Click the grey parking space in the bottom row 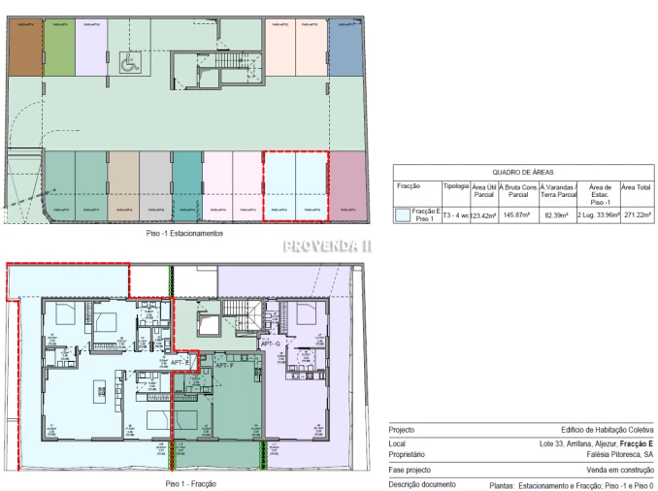(x=155, y=183)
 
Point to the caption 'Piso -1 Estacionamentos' (x=183, y=234)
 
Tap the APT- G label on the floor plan (x=271, y=344)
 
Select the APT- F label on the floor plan (x=226, y=366)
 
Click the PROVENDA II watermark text (x=327, y=246)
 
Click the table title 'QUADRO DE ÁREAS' (x=522, y=170)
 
